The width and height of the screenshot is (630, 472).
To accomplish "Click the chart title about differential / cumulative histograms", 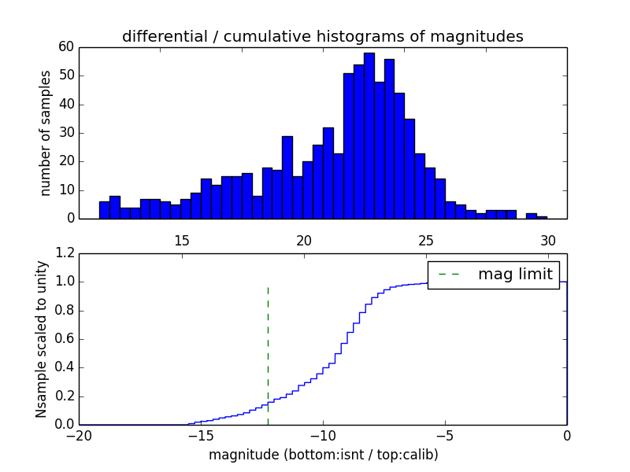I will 322,36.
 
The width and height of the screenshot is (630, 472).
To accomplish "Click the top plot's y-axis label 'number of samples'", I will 46,133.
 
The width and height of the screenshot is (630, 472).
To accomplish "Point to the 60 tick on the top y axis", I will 65,47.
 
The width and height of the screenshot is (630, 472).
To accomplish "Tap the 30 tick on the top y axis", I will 65,133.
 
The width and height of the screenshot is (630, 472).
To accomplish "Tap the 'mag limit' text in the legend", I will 515,275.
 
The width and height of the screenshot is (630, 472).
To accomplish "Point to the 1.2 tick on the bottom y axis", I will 63,253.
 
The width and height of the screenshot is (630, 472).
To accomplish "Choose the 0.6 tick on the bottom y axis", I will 63,339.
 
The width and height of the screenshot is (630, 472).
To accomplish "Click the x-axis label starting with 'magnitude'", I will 323,455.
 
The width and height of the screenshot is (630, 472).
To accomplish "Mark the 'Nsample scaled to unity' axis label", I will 43,339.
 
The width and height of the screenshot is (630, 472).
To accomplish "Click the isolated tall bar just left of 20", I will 287,177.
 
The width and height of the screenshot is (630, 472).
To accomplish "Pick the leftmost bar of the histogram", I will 104,210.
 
